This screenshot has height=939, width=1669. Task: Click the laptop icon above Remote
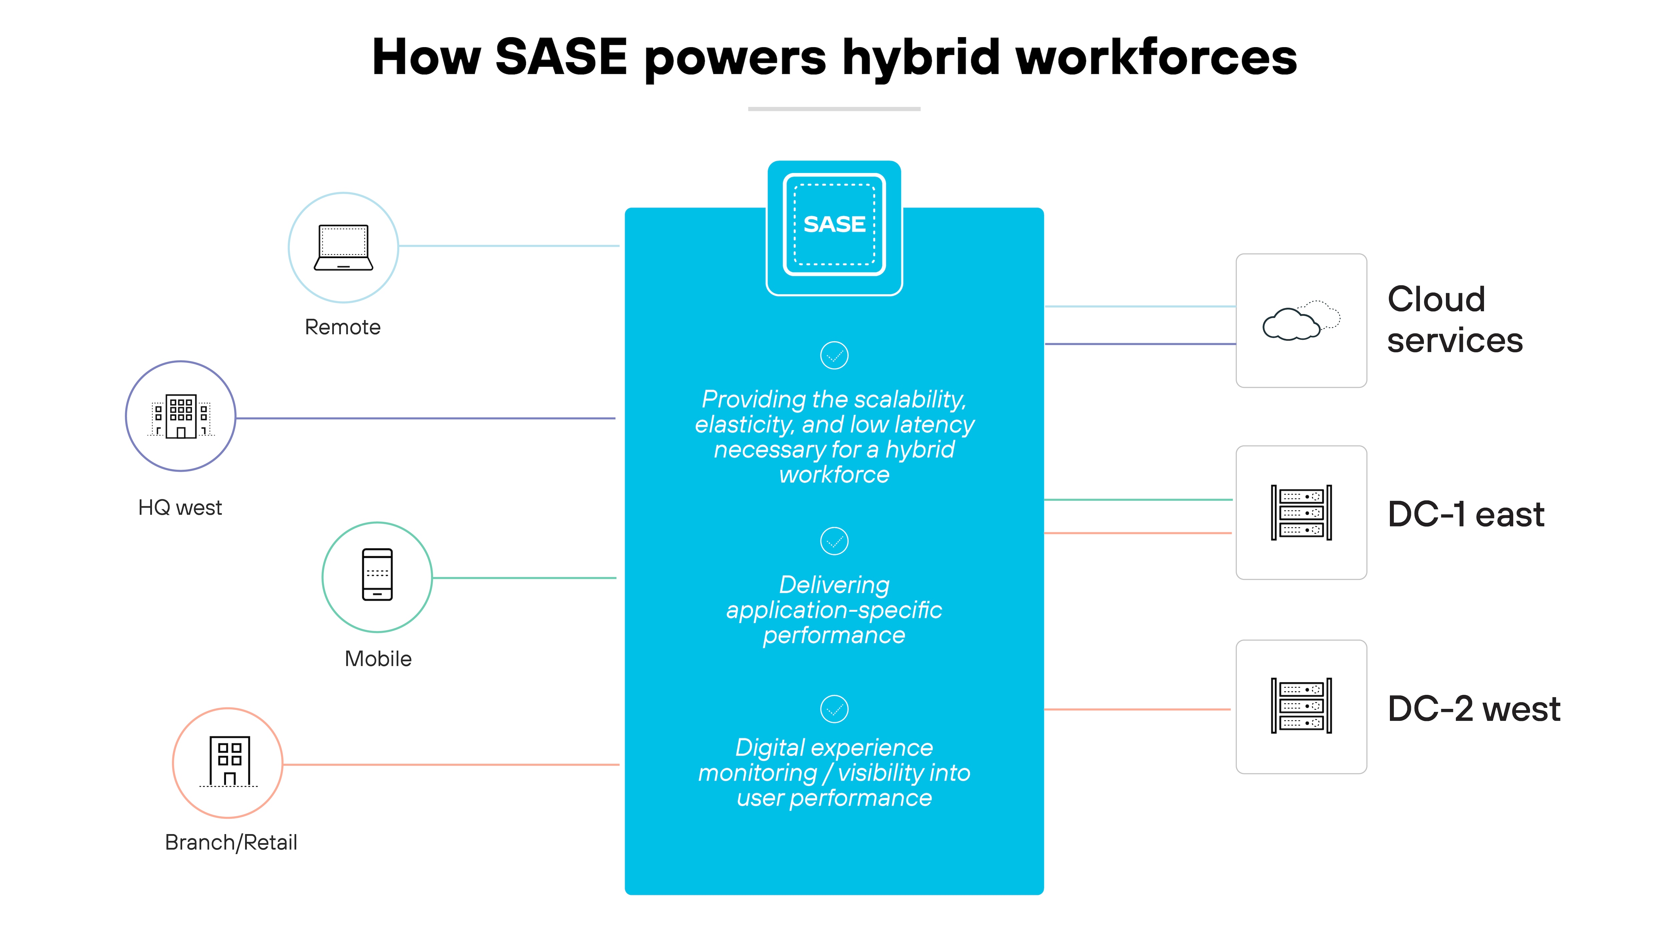tap(343, 247)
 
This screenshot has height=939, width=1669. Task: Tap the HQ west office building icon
tap(181, 416)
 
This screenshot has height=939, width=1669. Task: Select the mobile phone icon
tap(377, 575)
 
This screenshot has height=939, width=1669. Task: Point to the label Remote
tap(343, 327)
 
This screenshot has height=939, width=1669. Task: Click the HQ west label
tap(180, 508)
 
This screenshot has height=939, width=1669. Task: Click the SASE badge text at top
tap(834, 224)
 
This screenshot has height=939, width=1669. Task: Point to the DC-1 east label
tap(1466, 515)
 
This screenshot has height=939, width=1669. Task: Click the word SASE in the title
tap(561, 57)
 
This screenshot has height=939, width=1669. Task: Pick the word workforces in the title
tap(1157, 57)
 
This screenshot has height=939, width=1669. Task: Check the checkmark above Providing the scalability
tap(834, 355)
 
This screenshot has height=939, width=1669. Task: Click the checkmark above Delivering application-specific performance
tap(834, 541)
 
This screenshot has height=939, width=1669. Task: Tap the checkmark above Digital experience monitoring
tap(834, 709)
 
